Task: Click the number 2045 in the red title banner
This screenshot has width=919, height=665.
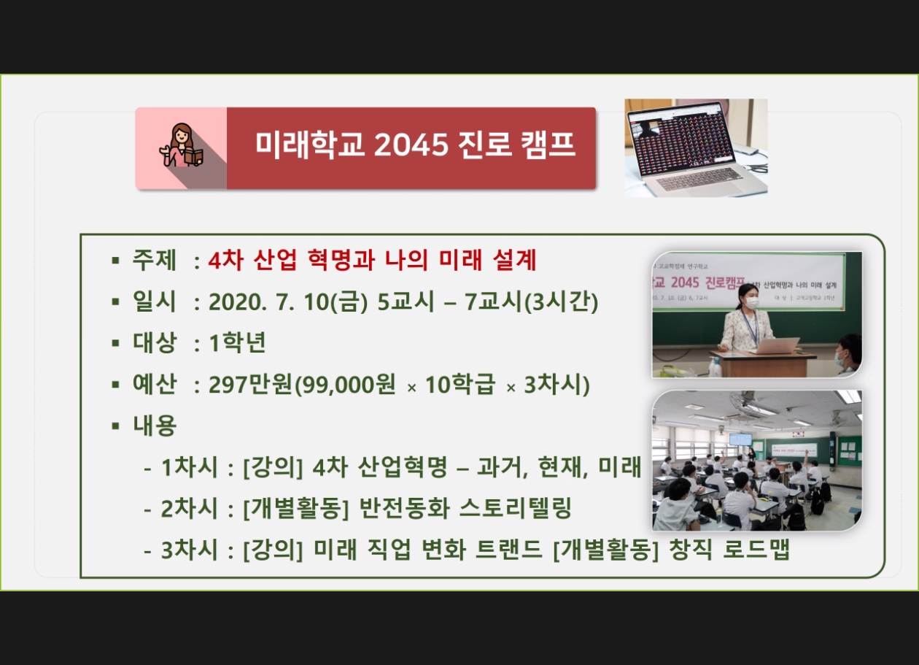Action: click(411, 145)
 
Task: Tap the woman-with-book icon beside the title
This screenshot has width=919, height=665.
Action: click(181, 145)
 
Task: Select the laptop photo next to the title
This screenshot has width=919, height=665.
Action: click(696, 147)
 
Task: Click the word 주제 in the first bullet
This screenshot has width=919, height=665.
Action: click(155, 260)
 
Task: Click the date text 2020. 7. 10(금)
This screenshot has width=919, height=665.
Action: click(288, 302)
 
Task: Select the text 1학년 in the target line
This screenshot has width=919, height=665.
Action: click(238, 343)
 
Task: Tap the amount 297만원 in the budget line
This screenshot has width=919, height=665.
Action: click(250, 385)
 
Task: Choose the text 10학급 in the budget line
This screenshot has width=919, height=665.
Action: click(460, 385)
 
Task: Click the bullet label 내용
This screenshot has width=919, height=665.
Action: click(155, 426)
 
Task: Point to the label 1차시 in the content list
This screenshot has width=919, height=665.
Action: click(189, 467)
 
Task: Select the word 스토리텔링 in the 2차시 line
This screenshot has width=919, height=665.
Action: click(515, 508)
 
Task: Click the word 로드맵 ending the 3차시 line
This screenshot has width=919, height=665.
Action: click(756, 549)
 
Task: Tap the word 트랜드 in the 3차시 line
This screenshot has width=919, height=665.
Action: click(509, 549)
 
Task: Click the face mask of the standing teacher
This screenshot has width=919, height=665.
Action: click(752, 303)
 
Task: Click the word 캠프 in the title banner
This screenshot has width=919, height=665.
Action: click(548, 145)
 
